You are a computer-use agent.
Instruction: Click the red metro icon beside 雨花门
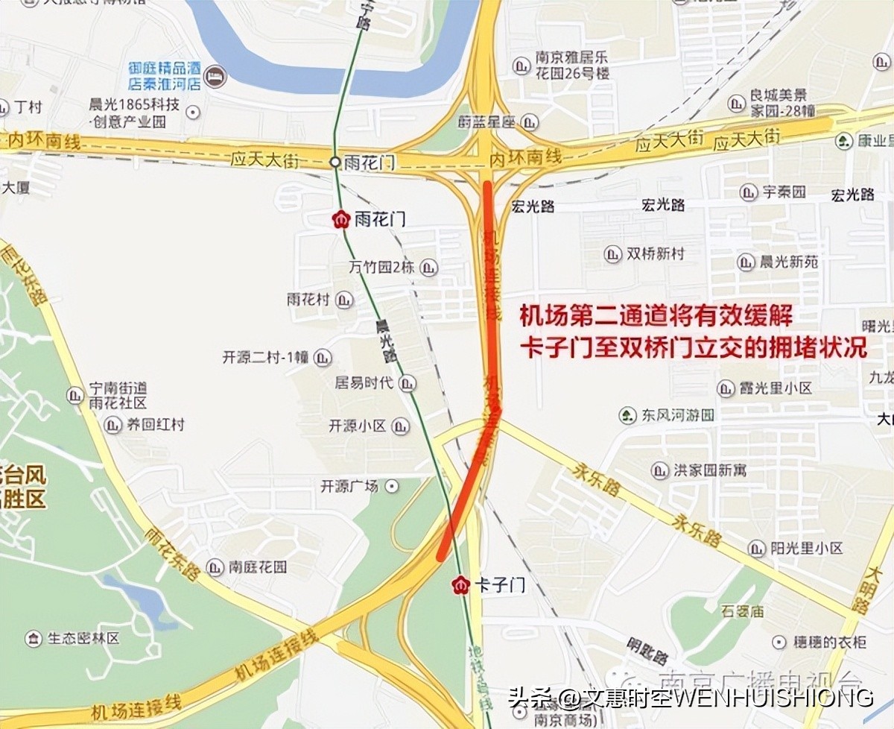[342, 219]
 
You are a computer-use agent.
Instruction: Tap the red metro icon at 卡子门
[462, 585]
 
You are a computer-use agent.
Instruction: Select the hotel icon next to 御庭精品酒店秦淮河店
[215, 77]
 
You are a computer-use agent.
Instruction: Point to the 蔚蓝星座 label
[488, 121]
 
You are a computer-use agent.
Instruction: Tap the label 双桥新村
[655, 253]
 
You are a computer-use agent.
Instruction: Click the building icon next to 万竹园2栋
[428, 268]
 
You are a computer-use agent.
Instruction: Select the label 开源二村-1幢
[265, 357]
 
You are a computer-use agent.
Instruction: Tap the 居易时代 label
[364, 383]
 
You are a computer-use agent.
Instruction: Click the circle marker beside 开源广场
[392, 486]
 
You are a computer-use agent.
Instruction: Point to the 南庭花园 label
[258, 567]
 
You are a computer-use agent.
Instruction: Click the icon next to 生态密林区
[34, 638]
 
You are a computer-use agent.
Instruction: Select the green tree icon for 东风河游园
[629, 414]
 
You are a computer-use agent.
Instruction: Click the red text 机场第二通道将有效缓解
[656, 316]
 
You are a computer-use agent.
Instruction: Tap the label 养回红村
[155, 425]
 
